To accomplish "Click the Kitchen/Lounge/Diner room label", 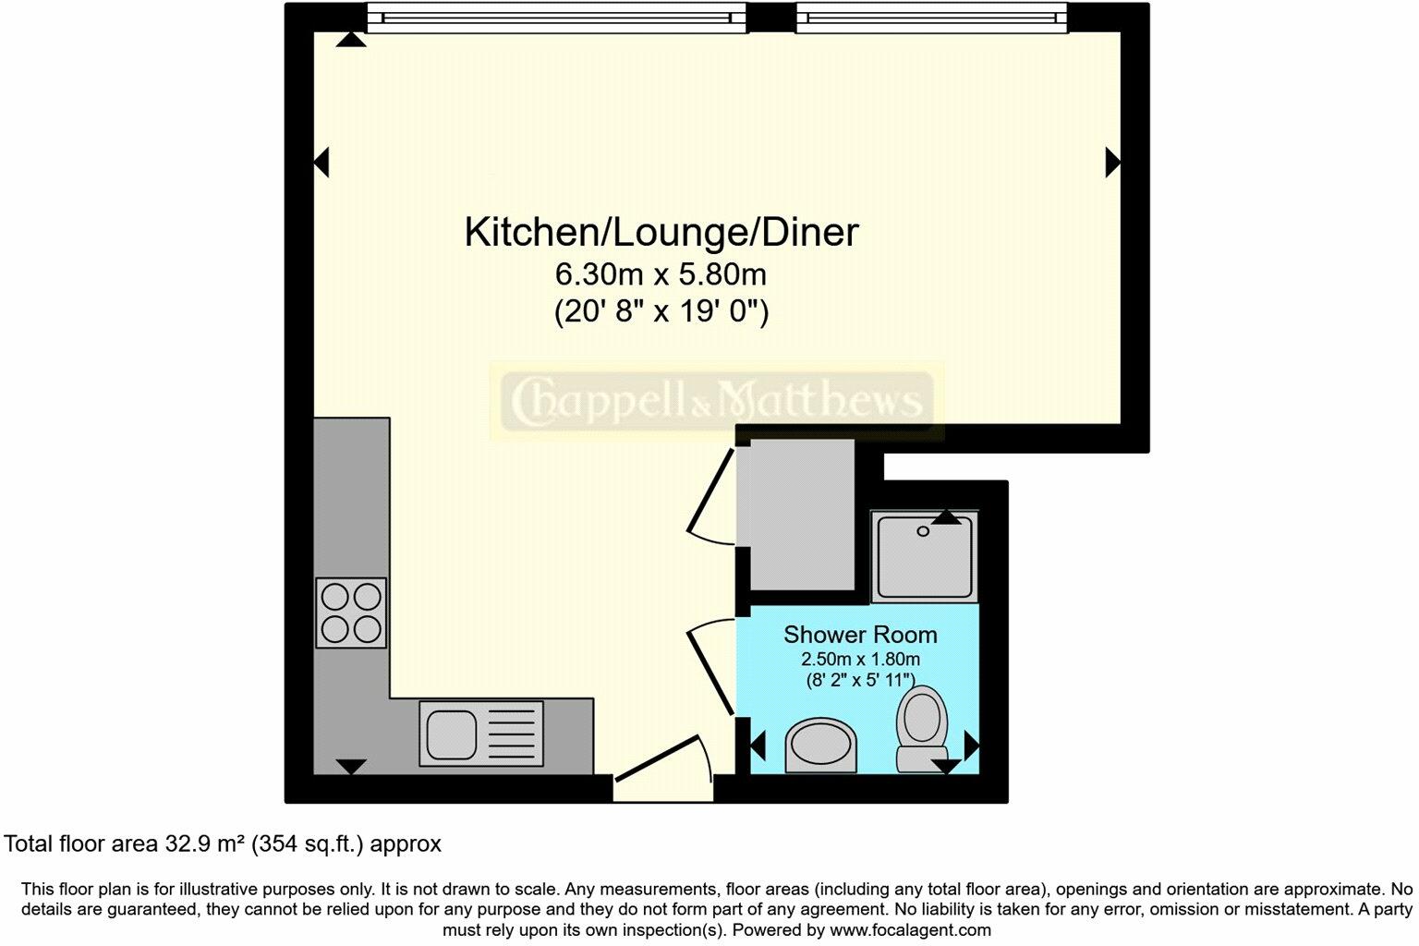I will click(x=661, y=232).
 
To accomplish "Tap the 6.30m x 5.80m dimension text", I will click(x=661, y=274).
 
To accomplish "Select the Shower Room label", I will click(x=860, y=635).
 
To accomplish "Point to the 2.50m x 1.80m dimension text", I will click(x=860, y=660).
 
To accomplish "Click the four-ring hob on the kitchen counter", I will click(x=351, y=612).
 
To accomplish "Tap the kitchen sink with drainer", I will click(x=481, y=733).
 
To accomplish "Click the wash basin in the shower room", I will click(x=820, y=745).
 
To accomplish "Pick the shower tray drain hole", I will click(x=922, y=532).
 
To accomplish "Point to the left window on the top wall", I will click(x=556, y=18).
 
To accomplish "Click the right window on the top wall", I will click(x=931, y=18).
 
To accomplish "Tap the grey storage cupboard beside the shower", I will click(x=801, y=515).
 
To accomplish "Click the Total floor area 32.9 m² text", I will click(x=223, y=843).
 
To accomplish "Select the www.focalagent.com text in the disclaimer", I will click(x=910, y=930).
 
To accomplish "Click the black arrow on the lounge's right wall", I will click(x=1112, y=163).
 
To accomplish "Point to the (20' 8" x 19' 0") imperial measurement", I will click(x=661, y=311).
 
